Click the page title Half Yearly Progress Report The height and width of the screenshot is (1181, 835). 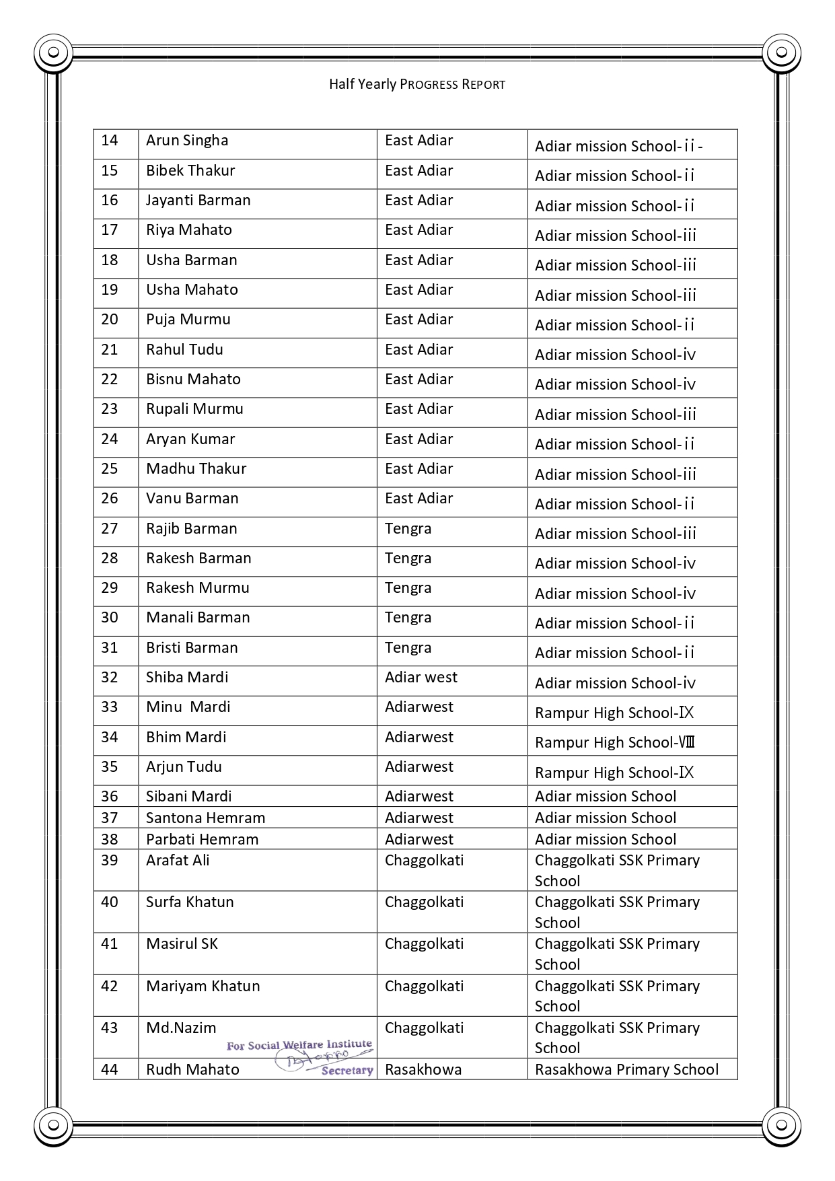pyautogui.click(x=416, y=84)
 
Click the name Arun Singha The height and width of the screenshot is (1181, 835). pyautogui.click(x=187, y=140)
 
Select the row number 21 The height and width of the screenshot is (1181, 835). pyautogui.click(x=110, y=349)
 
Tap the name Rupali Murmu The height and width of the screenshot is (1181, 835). pyautogui.click(x=194, y=408)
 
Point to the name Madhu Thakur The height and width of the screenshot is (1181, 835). pyautogui.click(x=196, y=468)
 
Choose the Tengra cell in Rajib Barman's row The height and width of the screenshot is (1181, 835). pyautogui.click(x=408, y=528)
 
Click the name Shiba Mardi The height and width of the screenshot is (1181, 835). pyautogui.click(x=187, y=677)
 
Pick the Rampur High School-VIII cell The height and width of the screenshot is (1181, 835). pyautogui.click(x=614, y=742)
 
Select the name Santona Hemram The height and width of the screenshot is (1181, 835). pyautogui.click(x=205, y=818)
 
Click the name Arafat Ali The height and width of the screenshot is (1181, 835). pyautogui.click(x=178, y=860)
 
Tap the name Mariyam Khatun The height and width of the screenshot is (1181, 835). pyautogui.click(x=203, y=986)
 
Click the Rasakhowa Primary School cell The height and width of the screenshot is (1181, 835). pyautogui.click(x=626, y=1069)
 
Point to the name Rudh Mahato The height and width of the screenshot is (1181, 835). pyautogui.click(x=192, y=1069)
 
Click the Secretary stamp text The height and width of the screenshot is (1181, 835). pyautogui.click(x=347, y=1070)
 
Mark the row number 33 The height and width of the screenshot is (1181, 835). pyautogui.click(x=110, y=707)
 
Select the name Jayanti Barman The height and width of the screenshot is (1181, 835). pyautogui.click(x=198, y=200)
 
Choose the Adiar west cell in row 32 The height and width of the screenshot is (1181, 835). pyautogui.click(x=421, y=677)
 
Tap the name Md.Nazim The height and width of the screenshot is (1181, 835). pyautogui.click(x=181, y=1028)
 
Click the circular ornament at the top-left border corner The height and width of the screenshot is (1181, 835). pyautogui.click(x=53, y=52)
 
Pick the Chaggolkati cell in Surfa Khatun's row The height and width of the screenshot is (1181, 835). pyautogui.click(x=424, y=902)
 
